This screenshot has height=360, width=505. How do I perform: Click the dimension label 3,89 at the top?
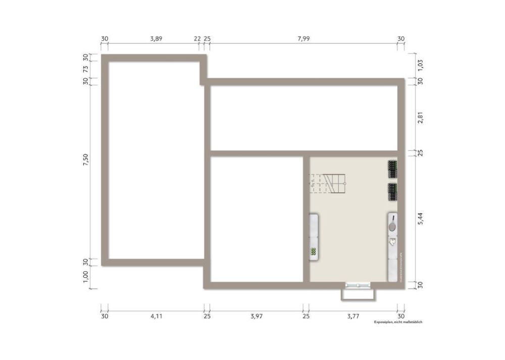pyautogui.click(x=156, y=38)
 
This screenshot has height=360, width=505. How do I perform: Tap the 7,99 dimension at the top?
pyautogui.click(x=304, y=38)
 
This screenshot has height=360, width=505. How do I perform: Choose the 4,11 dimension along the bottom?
pyautogui.click(x=156, y=317)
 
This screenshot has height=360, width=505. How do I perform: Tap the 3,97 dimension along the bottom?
pyautogui.click(x=257, y=317)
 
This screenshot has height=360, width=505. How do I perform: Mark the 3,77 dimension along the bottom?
pyautogui.click(x=353, y=317)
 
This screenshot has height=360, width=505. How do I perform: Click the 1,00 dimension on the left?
pyautogui.click(x=85, y=276)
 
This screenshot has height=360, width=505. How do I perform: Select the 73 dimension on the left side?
pyautogui.click(x=85, y=69)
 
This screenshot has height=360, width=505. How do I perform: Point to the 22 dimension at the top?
pyautogui.click(x=197, y=38)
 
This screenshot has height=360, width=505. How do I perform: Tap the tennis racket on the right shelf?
pyautogui.click(x=392, y=223)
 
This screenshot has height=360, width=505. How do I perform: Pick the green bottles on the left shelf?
pyautogui.click(x=313, y=251)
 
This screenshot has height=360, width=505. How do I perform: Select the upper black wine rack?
pyautogui.click(x=392, y=169)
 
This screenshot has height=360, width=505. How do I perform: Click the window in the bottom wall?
pyautogui.click(x=358, y=286)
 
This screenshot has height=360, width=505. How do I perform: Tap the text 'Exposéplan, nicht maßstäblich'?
pyautogui.click(x=397, y=322)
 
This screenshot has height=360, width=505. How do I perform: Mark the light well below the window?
pyautogui.click(x=358, y=294)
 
